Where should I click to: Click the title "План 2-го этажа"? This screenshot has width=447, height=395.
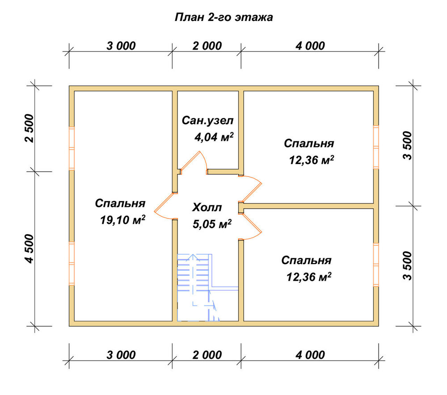pyautogui.click(x=223, y=17)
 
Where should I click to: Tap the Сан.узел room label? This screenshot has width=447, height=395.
pyautogui.click(x=207, y=121)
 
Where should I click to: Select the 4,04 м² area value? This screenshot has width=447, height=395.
pyautogui.click(x=214, y=137)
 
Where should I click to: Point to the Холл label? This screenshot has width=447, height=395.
pyautogui.click(x=207, y=207)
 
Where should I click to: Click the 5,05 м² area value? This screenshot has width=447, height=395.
pyautogui.click(x=212, y=224)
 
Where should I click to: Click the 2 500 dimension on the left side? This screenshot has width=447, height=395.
pyautogui.click(x=29, y=128)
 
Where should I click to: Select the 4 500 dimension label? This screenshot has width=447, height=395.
pyautogui.click(x=29, y=248)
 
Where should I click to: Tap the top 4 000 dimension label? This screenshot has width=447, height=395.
pyautogui.click(x=310, y=46)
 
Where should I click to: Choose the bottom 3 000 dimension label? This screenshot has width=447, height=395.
pyautogui.click(x=121, y=355)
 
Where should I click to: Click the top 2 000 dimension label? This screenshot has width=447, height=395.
pyautogui.click(x=207, y=46)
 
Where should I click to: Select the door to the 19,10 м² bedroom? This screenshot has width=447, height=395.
pyautogui.click(x=165, y=206)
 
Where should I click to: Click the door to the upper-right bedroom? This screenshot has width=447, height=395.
pyautogui.click(x=251, y=188)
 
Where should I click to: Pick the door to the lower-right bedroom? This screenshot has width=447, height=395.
pyautogui.click(x=251, y=226)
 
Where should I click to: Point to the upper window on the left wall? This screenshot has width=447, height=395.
pyautogui.click(x=72, y=148)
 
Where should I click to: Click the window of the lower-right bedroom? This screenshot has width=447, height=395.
pyautogui.click(x=376, y=265)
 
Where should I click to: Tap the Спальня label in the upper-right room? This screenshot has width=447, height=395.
pyautogui.click(x=309, y=143)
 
